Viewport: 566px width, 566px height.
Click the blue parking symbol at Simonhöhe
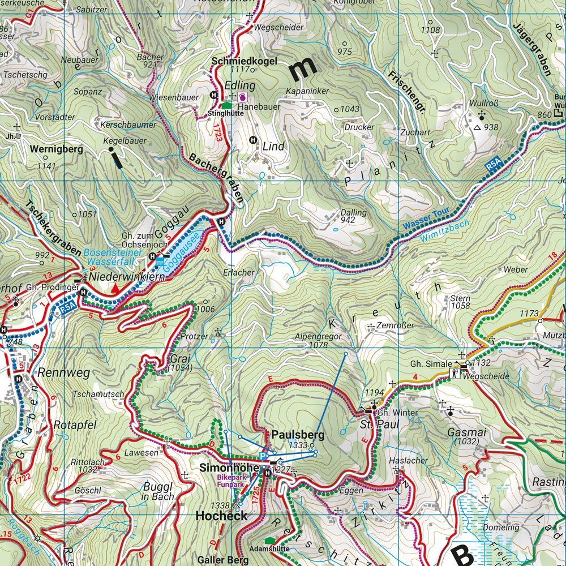pyautogui.click(x=263, y=456)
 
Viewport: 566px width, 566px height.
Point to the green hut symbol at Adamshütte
pyautogui.click(x=269, y=541)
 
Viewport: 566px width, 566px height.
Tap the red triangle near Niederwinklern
pyautogui.click(x=115, y=289)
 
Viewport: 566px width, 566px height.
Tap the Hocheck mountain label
pyautogui.click(x=221, y=516)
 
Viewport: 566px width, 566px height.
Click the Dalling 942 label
pyautogui.click(x=353, y=216)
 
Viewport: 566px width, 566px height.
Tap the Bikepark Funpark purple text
pyautogui.click(x=232, y=481)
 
